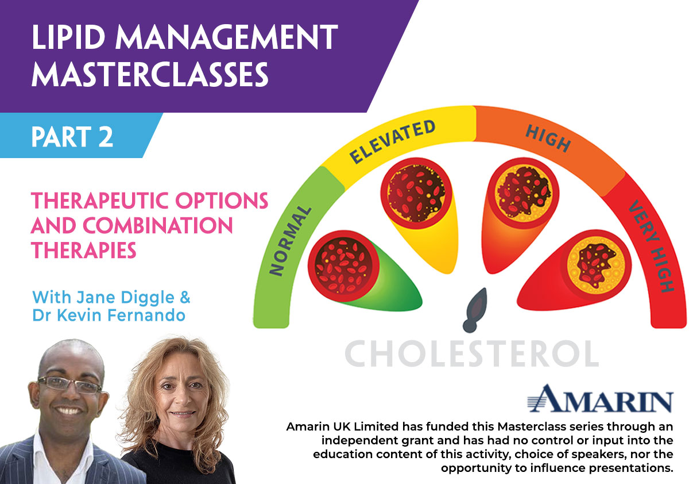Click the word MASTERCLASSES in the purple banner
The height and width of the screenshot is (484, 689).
click(150, 74)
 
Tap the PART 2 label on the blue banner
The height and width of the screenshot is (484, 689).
click(72, 137)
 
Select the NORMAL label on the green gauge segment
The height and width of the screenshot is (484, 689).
click(289, 241)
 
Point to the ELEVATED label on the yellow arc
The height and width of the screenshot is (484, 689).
click(393, 141)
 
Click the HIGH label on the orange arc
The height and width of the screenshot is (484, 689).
click(548, 139)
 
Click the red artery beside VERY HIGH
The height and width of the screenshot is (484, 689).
click(574, 270)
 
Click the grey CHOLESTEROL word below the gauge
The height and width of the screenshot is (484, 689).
click(472, 354)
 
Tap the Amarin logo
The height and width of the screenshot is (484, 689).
click(600, 398)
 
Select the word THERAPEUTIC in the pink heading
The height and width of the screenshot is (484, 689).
click(100, 201)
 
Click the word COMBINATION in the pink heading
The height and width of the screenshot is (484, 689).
click(157, 225)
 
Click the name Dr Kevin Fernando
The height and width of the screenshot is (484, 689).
click(109, 315)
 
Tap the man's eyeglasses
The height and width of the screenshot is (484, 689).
click(69, 385)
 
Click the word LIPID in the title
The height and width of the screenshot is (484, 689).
click(68, 37)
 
